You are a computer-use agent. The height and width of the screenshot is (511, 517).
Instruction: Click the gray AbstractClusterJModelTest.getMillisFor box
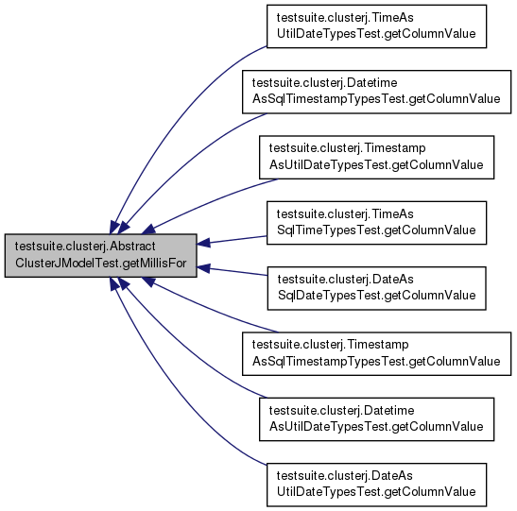point(100,256)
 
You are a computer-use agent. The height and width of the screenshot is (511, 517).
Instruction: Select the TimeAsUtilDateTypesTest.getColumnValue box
point(376,26)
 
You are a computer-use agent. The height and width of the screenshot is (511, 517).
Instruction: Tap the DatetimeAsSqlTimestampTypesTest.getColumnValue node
point(376,92)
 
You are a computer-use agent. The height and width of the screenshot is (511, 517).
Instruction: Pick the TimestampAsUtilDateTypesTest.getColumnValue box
point(376,158)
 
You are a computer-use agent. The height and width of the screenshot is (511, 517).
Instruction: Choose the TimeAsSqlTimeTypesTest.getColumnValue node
point(376,223)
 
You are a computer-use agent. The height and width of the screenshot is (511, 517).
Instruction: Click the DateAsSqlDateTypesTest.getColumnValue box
point(376,288)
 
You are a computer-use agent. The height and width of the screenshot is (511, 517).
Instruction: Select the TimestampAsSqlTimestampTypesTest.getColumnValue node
point(376,354)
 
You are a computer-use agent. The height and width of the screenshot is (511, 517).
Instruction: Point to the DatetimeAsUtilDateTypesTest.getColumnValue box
point(376,419)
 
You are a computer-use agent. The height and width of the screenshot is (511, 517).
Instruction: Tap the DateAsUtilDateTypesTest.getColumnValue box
point(376,485)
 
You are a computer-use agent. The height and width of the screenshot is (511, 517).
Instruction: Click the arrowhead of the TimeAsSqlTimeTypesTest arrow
point(203,243)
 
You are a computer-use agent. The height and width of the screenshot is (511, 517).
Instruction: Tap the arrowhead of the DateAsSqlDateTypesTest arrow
point(203,268)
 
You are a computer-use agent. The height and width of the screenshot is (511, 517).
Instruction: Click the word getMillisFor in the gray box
point(154,264)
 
